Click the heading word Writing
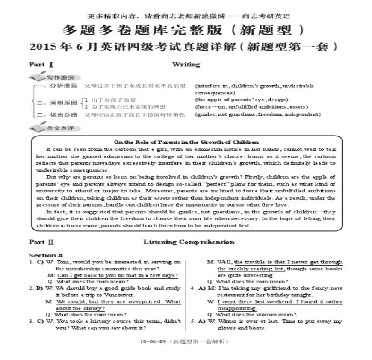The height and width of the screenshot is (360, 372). pos(186,65)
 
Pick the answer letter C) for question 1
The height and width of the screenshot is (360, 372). pos(40,262)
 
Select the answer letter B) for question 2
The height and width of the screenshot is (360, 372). pos(40,289)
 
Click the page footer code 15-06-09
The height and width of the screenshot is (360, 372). pos(153,342)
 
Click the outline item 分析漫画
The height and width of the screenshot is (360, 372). pos(63,86)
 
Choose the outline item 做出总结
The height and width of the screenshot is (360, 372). pos(63,115)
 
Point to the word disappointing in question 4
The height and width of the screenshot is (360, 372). pos(237,308)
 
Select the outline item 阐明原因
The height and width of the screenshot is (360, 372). pos(63,103)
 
